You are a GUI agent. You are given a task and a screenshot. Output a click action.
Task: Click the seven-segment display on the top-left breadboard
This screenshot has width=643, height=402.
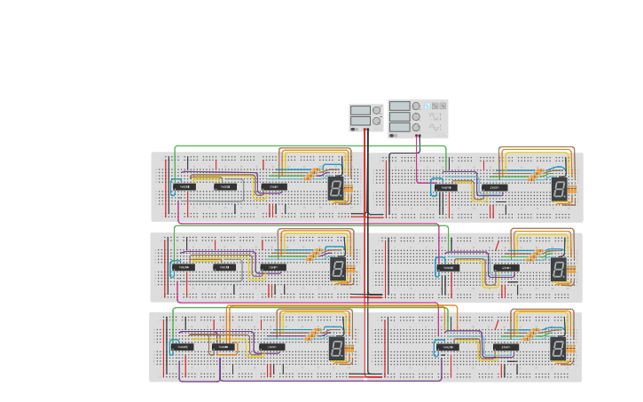pos(336,187)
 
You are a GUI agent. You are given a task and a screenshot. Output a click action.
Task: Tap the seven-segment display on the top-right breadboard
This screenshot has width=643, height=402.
pos(559,188)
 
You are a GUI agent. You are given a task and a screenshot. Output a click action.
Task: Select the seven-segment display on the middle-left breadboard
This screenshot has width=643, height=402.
pos(338,268)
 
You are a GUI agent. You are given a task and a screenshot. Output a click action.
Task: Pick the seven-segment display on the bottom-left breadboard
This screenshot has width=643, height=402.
pos(337,348)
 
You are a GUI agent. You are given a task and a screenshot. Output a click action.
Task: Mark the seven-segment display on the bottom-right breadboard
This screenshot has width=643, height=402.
pos(558,348)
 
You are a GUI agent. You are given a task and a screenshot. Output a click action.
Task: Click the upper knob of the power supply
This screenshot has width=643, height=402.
pos(377,110)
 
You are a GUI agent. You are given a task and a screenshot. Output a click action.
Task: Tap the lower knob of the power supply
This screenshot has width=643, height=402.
pos(377,121)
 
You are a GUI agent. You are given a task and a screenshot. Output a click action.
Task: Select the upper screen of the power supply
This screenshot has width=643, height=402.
pos(360,110)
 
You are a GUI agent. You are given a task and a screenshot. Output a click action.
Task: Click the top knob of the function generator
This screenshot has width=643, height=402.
pos(416,106)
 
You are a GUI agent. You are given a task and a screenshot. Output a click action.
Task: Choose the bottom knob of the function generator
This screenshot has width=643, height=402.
pos(416,127)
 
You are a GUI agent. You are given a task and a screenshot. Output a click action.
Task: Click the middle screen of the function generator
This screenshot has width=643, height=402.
pos(400,116)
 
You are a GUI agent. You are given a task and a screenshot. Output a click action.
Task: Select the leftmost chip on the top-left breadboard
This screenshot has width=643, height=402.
pos(184,187)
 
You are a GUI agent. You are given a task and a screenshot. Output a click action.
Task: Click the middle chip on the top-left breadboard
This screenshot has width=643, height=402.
pos(225,187)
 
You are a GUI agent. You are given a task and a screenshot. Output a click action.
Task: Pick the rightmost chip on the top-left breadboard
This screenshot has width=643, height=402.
pos(273,187)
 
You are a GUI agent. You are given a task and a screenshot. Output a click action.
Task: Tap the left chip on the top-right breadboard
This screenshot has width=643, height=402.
pos(446,187)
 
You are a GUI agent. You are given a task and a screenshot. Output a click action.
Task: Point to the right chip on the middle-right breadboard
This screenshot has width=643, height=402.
pos(506,267)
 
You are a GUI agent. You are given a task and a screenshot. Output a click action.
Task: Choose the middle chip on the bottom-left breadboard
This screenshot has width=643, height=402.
pos(224,347)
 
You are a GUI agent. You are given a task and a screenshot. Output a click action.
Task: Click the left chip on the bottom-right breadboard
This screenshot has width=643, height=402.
pos(448,347)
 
